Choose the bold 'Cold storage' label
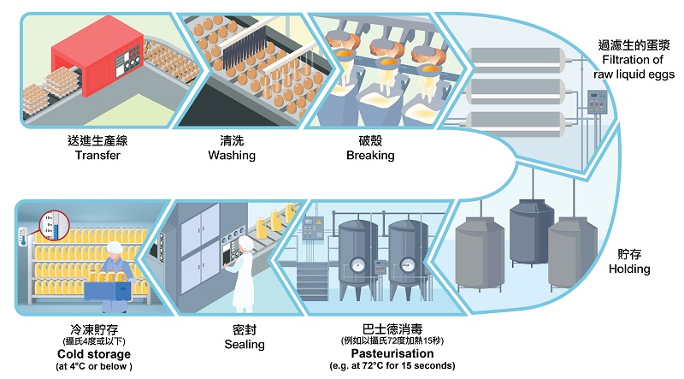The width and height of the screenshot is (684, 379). click(x=93, y=354)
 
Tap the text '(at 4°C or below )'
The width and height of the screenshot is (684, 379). click(x=93, y=367)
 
